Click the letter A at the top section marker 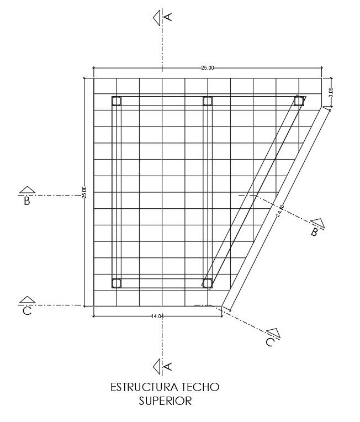169,17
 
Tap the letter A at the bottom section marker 169,366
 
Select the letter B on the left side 27,202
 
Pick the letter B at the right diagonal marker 314,232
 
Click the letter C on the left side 27,312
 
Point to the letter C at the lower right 269,342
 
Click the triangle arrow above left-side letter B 27,190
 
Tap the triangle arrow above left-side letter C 27,300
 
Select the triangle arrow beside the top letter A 157,17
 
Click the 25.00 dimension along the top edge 207,68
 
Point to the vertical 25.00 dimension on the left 84,192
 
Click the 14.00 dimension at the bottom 157,317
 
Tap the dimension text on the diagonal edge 280,210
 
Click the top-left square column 117,101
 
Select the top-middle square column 208,101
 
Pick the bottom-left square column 117,283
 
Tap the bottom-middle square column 207,283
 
